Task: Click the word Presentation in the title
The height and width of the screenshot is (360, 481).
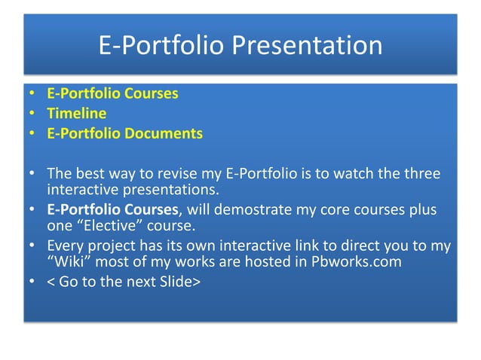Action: coord(306,45)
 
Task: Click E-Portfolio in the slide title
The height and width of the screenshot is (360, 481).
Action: coord(161,45)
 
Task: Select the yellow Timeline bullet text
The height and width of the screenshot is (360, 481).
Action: coord(76,114)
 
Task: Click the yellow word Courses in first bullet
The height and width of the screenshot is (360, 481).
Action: coord(151,94)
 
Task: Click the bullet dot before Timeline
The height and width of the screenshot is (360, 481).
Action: coord(32,114)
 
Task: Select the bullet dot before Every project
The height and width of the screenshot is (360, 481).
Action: coord(32,246)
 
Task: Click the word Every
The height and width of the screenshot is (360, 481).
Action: coord(66,246)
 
